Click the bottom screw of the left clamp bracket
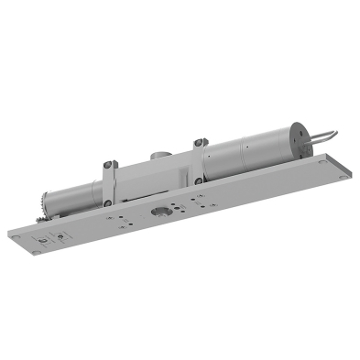pyautogui.click(x=108, y=202)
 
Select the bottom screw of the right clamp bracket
pyautogui.click(x=198, y=180)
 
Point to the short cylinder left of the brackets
pyautogui.click(x=73, y=194)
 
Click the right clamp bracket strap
pyautogui.click(x=196, y=161)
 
